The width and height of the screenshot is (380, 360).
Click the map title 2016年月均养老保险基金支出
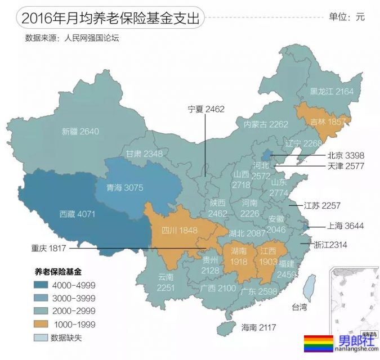[x=110, y=17]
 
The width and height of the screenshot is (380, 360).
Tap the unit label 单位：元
[x=346, y=17]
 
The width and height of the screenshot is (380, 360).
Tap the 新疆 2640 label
[x=81, y=132]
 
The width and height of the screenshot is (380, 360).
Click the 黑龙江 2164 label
[x=332, y=91]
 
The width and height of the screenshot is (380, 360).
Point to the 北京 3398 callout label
[x=346, y=155]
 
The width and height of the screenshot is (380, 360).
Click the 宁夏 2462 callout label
[x=205, y=109]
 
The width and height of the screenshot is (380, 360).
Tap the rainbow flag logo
[x=318, y=343]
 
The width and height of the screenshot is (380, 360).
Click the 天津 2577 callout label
[x=346, y=166]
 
